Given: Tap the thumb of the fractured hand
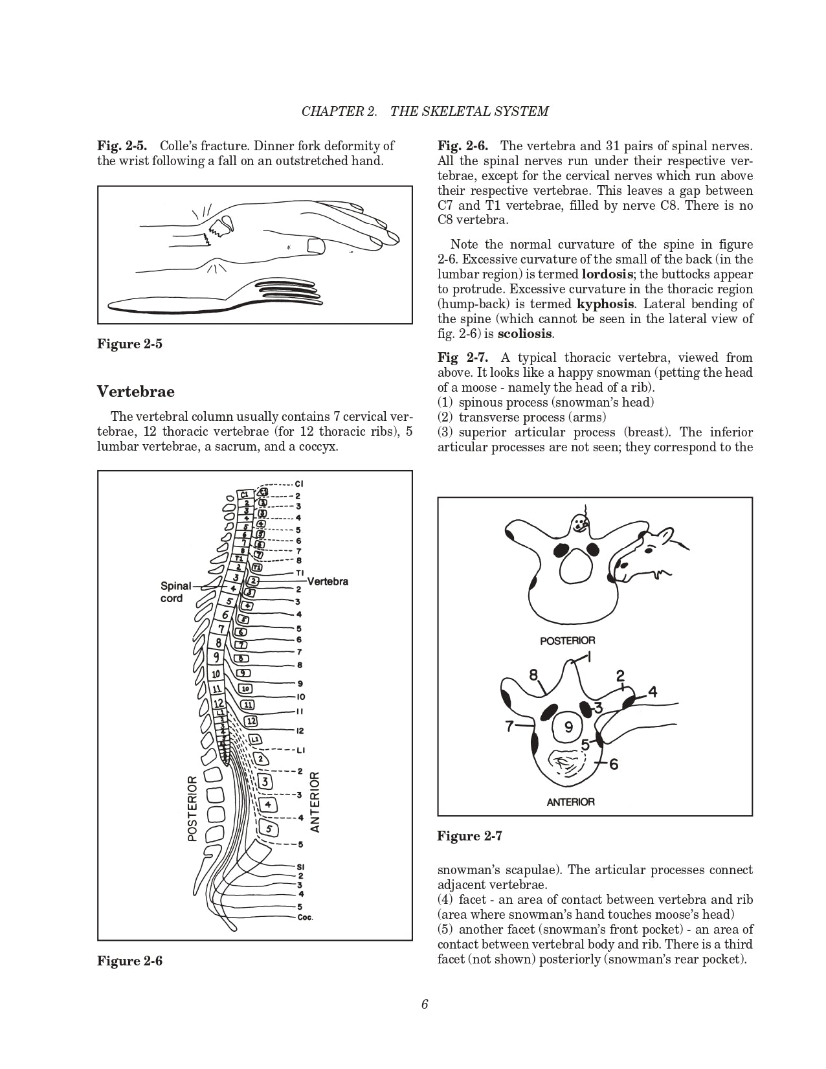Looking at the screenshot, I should click(315, 245).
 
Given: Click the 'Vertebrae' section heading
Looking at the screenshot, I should click(136, 392).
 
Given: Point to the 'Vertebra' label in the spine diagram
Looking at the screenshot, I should click(328, 581).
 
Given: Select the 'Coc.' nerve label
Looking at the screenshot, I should click(306, 917).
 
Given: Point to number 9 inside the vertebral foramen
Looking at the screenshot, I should click(568, 727).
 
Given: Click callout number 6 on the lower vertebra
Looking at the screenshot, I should click(613, 764).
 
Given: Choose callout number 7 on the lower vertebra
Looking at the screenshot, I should click(510, 726).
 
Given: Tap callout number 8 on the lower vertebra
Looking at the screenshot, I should click(533, 675).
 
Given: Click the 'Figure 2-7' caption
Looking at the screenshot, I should click(470, 836).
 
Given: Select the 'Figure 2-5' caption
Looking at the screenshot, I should click(129, 344).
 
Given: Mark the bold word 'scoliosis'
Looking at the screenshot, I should click(524, 334).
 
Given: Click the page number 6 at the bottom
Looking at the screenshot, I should click(425, 1004).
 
